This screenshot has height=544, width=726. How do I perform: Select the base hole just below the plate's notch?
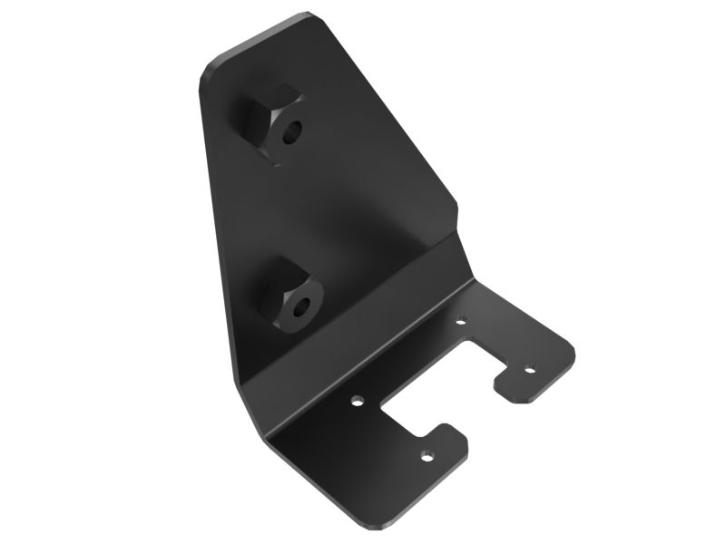point(461,319)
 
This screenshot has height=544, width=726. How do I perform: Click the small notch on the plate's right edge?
point(460,214)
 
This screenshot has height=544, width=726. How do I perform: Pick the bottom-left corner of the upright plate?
point(239,381)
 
